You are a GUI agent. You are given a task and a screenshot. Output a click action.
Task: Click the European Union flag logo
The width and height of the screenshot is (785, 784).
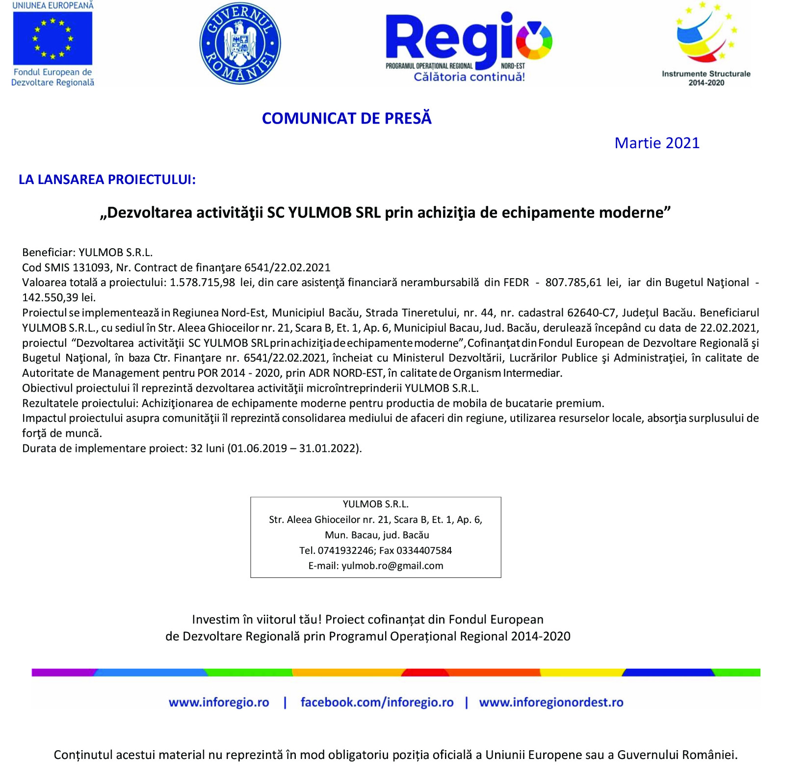[52, 38]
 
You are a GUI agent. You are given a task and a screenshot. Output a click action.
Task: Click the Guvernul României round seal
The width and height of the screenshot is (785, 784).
[240, 43]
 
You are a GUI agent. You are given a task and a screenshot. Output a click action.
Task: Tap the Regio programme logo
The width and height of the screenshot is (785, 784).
[469, 42]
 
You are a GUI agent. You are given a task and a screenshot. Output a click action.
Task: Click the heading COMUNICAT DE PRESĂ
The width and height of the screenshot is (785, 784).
[346, 118]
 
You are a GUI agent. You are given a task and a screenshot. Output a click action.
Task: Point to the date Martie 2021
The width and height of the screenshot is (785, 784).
[656, 143]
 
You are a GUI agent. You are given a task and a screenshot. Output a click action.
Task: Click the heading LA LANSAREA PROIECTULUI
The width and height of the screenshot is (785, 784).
[107, 180]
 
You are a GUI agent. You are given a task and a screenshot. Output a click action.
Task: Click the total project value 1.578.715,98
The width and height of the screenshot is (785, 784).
[202, 283]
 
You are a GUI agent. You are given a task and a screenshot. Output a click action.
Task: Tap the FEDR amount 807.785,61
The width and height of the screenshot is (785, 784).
[573, 283]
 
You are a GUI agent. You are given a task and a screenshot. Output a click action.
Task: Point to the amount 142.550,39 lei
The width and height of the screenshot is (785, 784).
[59, 297]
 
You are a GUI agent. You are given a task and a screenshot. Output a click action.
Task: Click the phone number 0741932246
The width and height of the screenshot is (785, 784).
[345, 550]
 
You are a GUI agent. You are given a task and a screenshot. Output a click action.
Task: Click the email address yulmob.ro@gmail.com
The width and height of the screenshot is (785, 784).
[392, 566]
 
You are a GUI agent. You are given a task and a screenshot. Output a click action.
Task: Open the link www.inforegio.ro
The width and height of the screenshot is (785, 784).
[219, 702]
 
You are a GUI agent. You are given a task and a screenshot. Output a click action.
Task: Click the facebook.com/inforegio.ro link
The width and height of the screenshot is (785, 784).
[377, 702]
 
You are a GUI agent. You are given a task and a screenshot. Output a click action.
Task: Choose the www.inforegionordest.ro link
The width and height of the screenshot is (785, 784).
[551, 702]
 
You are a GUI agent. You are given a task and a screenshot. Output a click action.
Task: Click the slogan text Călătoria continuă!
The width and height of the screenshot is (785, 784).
[469, 77]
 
